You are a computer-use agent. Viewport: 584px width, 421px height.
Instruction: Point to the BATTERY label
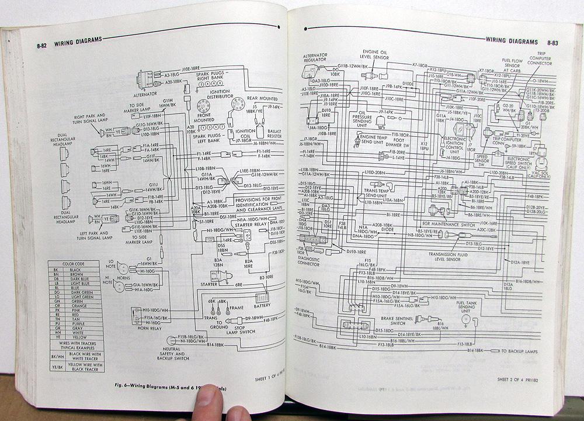coord(262,298)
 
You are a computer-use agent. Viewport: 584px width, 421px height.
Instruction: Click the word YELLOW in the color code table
coord(80,337)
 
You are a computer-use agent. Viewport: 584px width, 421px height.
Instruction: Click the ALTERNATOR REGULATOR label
coord(316,57)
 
